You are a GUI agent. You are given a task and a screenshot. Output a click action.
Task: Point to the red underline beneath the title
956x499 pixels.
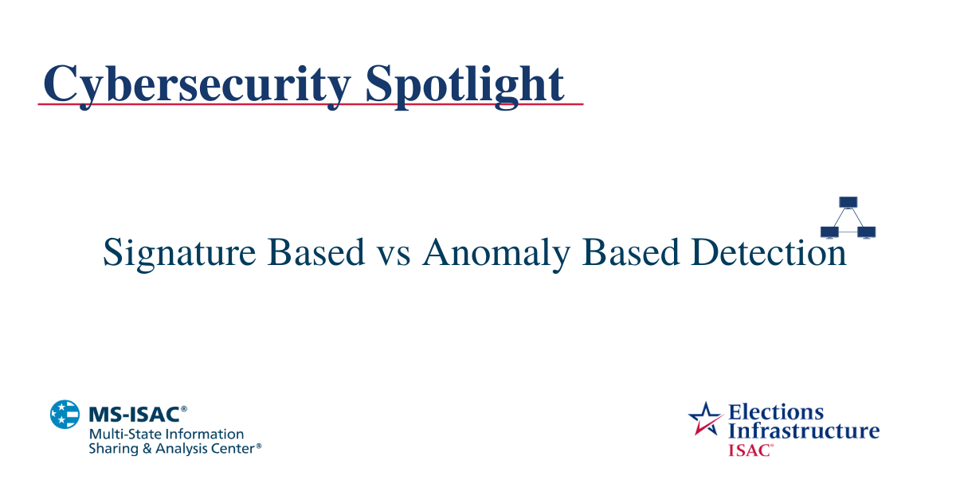(x=311, y=104)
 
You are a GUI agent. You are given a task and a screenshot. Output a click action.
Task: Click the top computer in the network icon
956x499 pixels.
(x=848, y=202)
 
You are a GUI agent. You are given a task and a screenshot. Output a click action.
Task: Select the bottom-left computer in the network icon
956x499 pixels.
(x=829, y=232)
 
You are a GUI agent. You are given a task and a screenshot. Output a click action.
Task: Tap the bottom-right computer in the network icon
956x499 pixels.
(x=867, y=232)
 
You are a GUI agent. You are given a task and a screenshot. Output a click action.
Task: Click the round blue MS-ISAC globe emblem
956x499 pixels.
(x=65, y=415)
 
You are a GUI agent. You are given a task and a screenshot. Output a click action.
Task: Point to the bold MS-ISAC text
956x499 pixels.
(x=138, y=415)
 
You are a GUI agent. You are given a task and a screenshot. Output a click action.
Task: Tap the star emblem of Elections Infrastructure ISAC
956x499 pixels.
(x=705, y=419)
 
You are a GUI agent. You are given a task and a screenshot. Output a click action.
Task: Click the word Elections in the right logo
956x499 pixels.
(x=776, y=412)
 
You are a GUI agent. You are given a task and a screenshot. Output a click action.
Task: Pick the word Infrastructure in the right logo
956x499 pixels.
(x=804, y=431)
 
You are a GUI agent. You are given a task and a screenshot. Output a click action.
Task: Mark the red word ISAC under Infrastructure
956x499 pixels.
(x=749, y=450)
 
